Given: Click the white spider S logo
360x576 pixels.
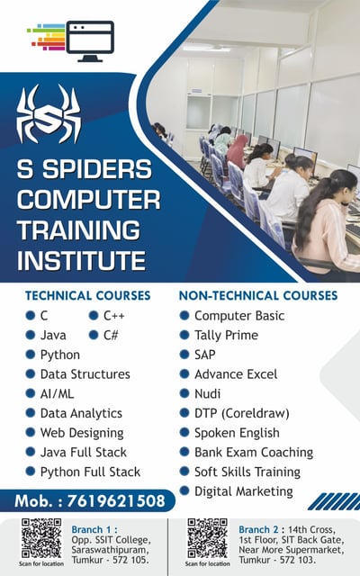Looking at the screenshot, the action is point(48,114).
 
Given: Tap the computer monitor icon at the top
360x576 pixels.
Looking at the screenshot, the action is point(90,41).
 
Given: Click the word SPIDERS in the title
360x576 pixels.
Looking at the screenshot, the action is point(97,169).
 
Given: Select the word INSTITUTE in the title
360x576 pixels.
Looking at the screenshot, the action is point(81,260).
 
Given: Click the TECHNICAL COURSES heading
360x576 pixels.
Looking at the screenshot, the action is point(88,296).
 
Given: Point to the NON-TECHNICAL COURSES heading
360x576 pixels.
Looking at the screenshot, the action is point(258,296).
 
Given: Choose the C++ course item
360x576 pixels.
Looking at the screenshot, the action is point(114,316).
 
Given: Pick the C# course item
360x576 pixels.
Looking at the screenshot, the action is point(111,335).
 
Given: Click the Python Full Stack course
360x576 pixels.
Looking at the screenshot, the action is point(90,472).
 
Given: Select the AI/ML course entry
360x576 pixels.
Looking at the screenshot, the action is point(57,394).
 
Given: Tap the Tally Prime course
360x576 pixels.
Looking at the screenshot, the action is point(226,335).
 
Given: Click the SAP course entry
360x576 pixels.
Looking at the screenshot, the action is point(204,355).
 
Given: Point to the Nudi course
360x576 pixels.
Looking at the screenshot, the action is point(207,394).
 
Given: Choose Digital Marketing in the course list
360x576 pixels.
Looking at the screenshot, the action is point(244,491).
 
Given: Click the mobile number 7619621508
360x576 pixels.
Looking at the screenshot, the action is point(116,501).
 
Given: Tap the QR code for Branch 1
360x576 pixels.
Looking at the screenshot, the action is point(41,538).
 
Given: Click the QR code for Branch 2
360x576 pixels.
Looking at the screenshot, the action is point(208,538).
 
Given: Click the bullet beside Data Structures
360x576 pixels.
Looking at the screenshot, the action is point(30,374).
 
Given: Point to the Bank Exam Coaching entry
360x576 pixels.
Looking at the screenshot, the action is point(254,452).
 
